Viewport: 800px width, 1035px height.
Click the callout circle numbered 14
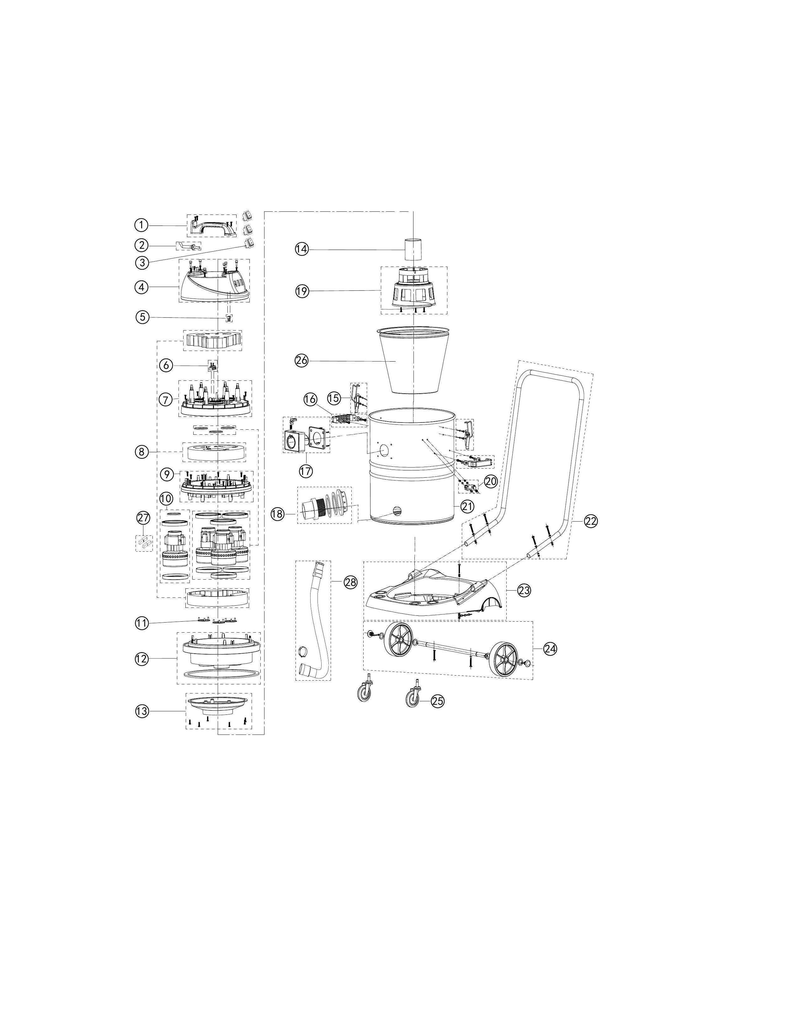[302, 249]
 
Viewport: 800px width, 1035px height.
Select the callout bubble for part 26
[301, 361]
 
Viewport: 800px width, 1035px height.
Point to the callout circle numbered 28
[350, 583]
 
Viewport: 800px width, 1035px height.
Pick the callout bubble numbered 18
[278, 514]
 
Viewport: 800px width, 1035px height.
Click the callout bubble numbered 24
[550, 649]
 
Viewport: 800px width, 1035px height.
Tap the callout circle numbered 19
[302, 291]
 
